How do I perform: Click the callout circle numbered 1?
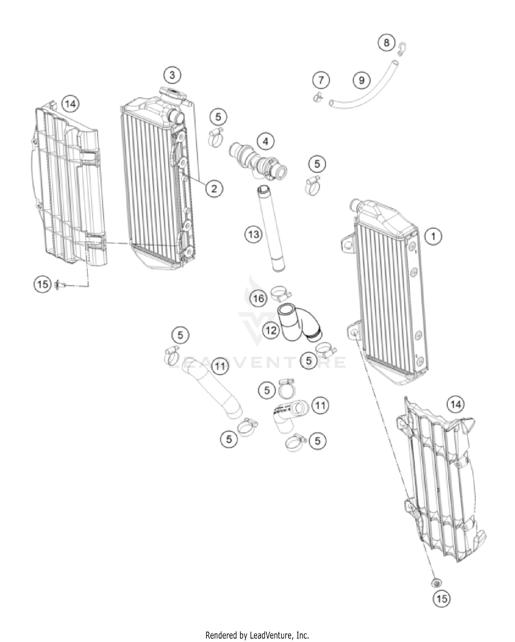click(434, 236)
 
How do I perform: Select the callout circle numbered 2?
click(214, 188)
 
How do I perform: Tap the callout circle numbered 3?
click(172, 75)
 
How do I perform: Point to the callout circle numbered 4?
click(266, 141)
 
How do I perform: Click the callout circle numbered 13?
click(253, 235)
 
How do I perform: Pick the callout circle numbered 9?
click(361, 80)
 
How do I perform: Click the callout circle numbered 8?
click(387, 43)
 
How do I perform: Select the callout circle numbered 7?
click(321, 80)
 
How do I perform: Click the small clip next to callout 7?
click(318, 98)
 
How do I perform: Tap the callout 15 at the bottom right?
click(442, 598)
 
